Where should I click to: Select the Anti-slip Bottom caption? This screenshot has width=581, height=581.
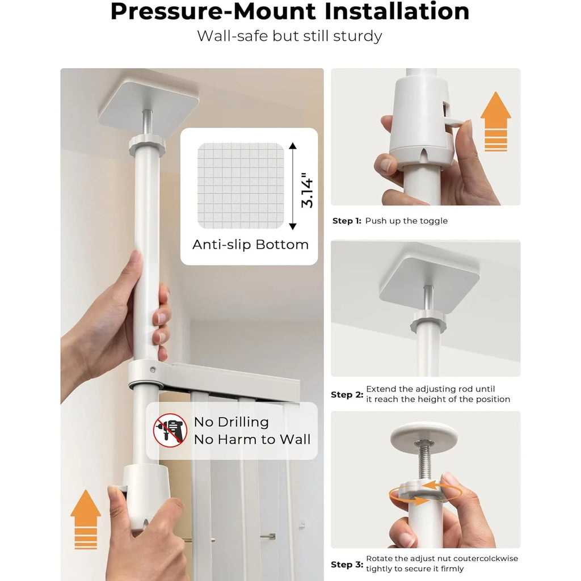(x=250, y=245)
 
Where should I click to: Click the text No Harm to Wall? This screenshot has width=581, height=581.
(x=252, y=439)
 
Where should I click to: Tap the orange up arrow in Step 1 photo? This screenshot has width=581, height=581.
(x=495, y=121)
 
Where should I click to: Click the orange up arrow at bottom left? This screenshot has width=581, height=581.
(x=86, y=519)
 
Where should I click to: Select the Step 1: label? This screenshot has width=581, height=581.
(x=346, y=221)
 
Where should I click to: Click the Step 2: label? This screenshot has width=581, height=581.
(x=347, y=394)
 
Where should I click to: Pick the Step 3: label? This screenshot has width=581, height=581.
(x=347, y=565)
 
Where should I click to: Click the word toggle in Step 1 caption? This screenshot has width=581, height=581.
(x=433, y=221)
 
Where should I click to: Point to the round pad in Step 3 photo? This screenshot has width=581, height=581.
(x=423, y=433)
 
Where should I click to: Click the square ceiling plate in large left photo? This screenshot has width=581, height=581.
(x=148, y=104)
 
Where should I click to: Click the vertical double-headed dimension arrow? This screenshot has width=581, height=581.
(x=293, y=186)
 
